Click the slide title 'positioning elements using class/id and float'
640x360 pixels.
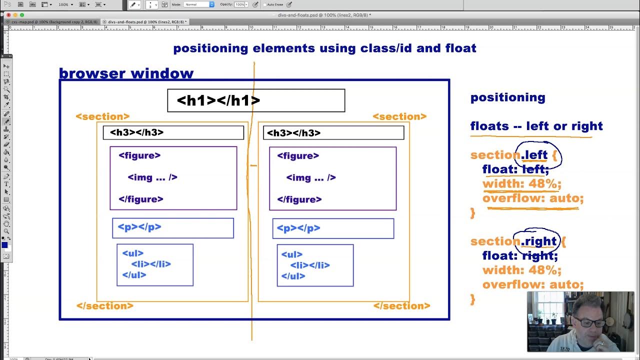(324, 48)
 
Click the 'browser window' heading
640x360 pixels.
(126, 73)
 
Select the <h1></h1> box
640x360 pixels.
(256, 100)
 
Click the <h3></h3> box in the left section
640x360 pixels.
(173, 132)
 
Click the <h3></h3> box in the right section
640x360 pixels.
(333, 133)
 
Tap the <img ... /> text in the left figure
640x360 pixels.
(152, 177)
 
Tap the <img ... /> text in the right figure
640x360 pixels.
(310, 178)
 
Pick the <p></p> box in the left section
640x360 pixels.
(172, 228)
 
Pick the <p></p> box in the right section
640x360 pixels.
(333, 228)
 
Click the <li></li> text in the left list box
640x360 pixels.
(151, 264)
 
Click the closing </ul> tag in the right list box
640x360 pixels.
(293, 276)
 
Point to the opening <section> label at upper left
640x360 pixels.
(102, 116)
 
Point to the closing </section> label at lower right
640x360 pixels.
(401, 306)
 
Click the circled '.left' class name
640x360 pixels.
(535, 155)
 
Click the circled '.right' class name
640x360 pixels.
(539, 241)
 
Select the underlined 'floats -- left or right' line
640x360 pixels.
(536, 126)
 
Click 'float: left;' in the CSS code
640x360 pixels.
(515, 169)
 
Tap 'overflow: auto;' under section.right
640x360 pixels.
(532, 284)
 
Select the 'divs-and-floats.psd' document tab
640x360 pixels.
(145, 22)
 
